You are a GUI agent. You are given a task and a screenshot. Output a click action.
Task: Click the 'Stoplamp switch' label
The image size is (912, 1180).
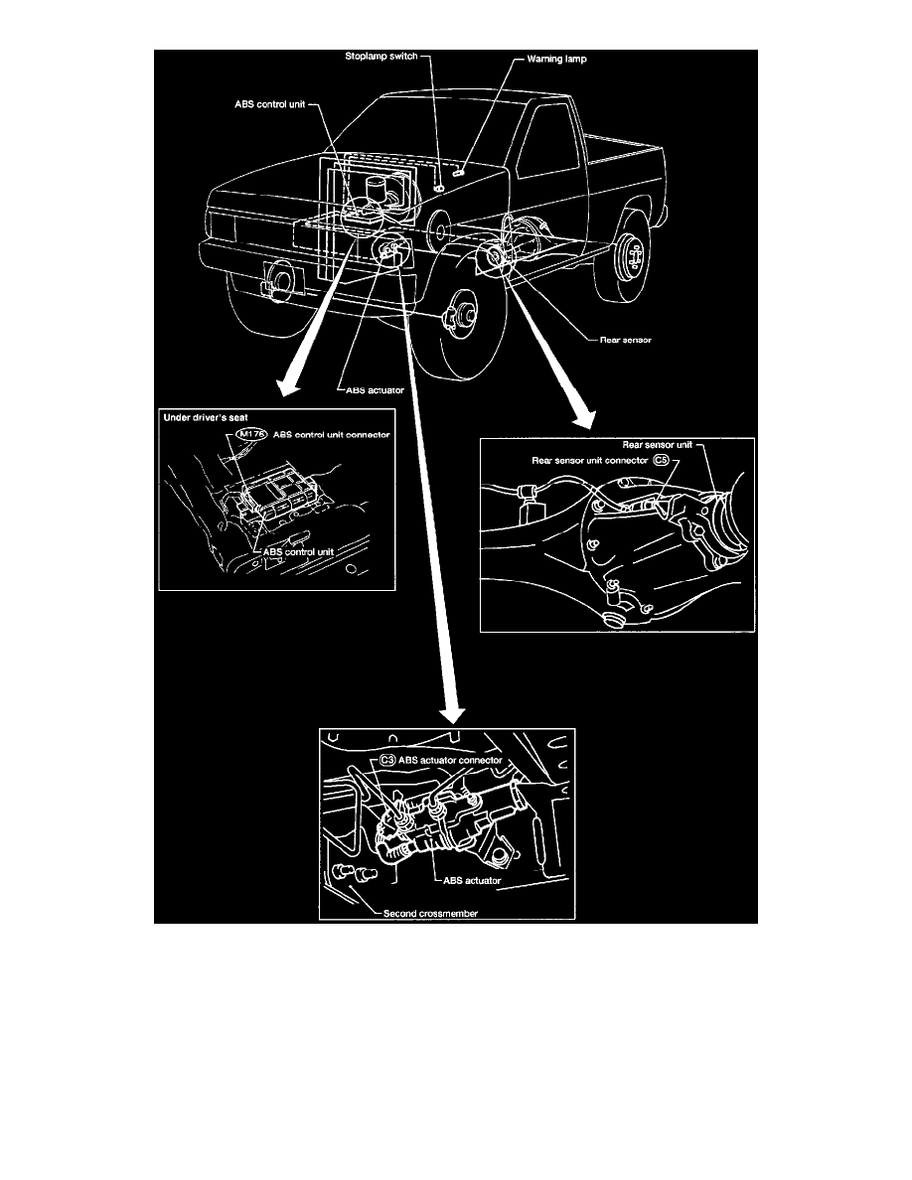[380, 57]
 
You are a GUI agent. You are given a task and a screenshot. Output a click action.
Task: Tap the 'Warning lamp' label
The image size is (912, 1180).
[556, 59]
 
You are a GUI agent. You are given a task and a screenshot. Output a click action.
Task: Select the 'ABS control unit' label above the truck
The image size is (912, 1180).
[269, 104]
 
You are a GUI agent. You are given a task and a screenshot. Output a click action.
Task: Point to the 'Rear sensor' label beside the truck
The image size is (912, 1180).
[625, 340]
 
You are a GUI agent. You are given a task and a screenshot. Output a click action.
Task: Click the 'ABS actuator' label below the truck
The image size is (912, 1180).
[375, 390]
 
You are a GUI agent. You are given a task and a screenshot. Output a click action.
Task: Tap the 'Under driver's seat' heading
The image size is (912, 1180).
[206, 417]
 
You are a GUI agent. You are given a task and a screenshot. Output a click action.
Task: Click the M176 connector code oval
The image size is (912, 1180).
[251, 434]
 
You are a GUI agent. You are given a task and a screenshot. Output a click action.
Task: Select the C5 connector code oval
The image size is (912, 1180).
[661, 460]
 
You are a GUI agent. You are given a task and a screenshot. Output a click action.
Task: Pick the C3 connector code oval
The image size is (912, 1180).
[386, 760]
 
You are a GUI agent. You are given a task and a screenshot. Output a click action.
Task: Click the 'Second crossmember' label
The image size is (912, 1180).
[430, 914]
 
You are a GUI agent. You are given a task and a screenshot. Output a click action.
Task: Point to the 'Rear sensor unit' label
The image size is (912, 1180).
[657, 445]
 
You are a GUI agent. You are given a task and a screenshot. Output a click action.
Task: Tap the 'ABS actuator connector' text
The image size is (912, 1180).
[450, 760]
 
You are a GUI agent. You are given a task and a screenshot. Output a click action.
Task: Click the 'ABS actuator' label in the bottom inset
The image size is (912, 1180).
[472, 880]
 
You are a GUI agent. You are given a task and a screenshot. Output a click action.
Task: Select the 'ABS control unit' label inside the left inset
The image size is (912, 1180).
[298, 551]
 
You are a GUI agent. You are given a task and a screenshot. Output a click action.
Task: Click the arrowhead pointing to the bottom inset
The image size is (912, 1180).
[452, 716]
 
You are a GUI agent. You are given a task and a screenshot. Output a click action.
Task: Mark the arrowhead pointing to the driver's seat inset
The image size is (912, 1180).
[287, 386]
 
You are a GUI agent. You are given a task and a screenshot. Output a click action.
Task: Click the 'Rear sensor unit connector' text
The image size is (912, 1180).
[590, 461]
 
